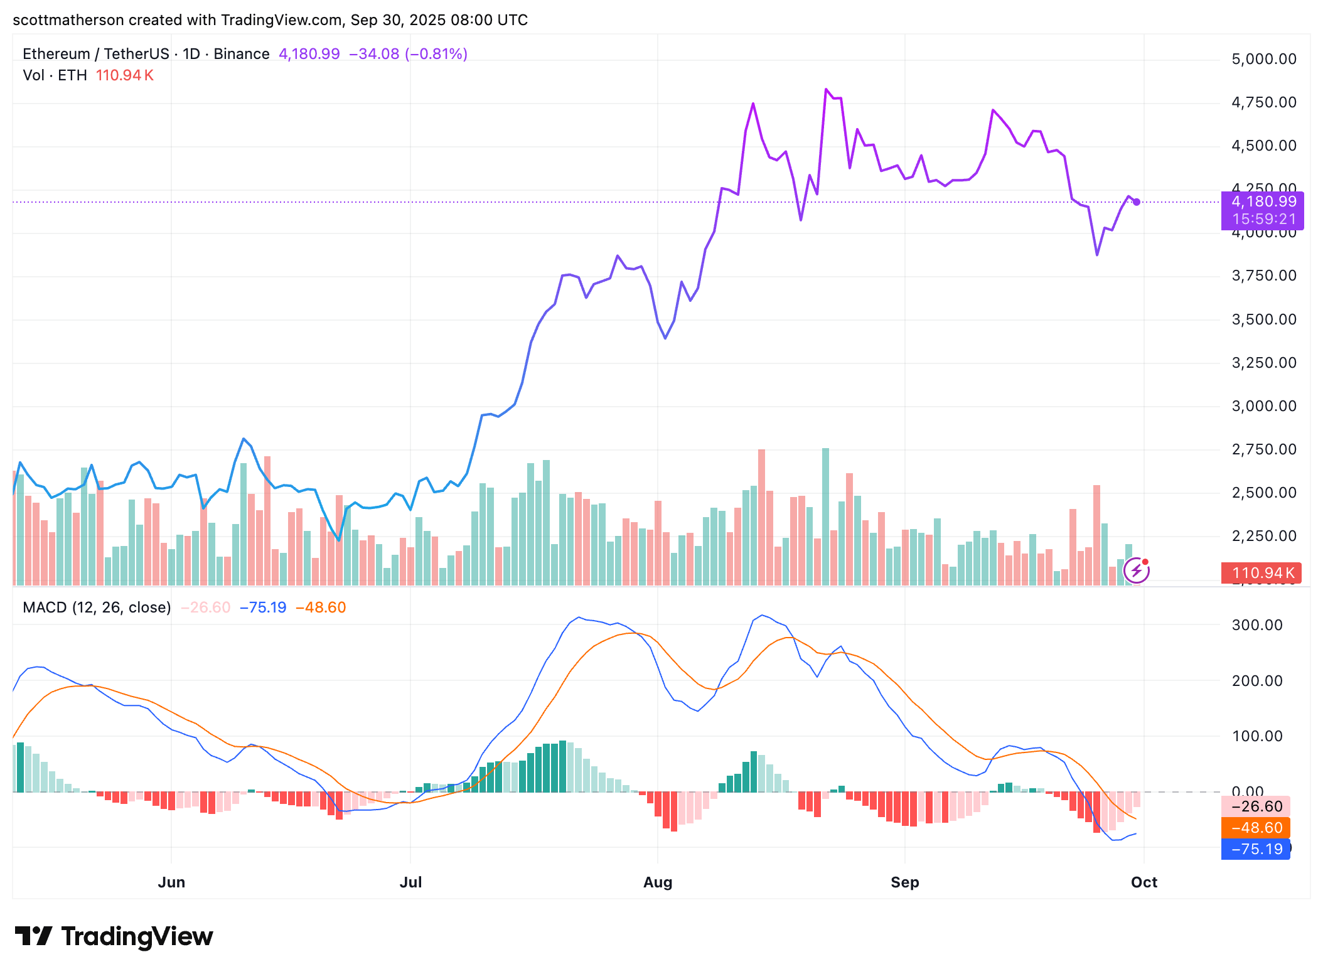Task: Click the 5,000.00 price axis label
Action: pyautogui.click(x=1263, y=59)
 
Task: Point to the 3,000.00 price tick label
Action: pyautogui.click(x=1263, y=406)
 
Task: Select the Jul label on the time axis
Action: pyautogui.click(x=410, y=882)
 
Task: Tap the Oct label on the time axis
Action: pyautogui.click(x=1144, y=882)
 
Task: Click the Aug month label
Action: pyautogui.click(x=657, y=882)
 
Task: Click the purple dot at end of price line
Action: pyautogui.click(x=1137, y=202)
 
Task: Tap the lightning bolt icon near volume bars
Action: pyautogui.click(x=1136, y=570)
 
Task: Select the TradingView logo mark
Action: pyautogui.click(x=33, y=936)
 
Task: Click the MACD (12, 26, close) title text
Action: pyautogui.click(x=97, y=607)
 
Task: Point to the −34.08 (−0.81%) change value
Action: pyautogui.click(x=408, y=54)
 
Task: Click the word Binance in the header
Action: pyautogui.click(x=241, y=54)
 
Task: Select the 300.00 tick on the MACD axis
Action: pyautogui.click(x=1256, y=625)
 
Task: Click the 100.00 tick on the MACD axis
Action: pyautogui.click(x=1256, y=736)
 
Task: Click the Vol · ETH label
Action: pyautogui.click(x=55, y=75)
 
